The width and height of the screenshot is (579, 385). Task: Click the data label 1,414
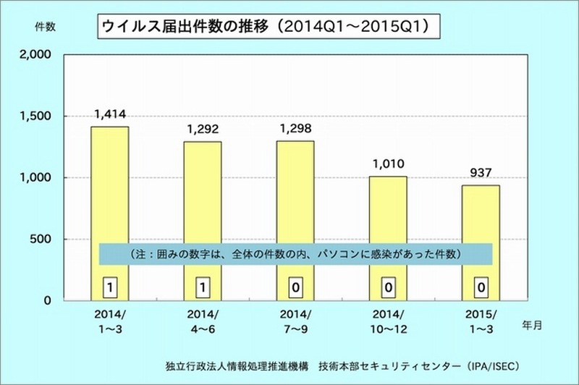(109, 114)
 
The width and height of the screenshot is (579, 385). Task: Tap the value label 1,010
(388, 164)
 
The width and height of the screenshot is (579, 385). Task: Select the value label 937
(481, 172)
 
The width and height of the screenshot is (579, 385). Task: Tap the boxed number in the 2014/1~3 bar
(109, 287)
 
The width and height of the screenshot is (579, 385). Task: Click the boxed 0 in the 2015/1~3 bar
(481, 287)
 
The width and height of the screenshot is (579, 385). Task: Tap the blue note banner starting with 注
(296, 254)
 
